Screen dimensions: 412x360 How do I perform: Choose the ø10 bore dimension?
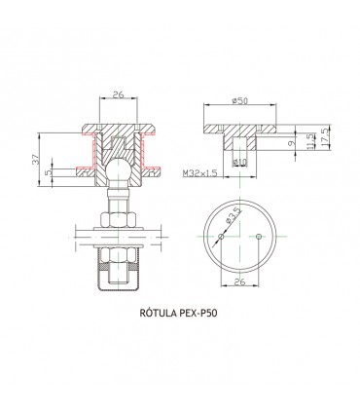point(240,161)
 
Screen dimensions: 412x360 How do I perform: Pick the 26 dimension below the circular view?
point(240,283)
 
